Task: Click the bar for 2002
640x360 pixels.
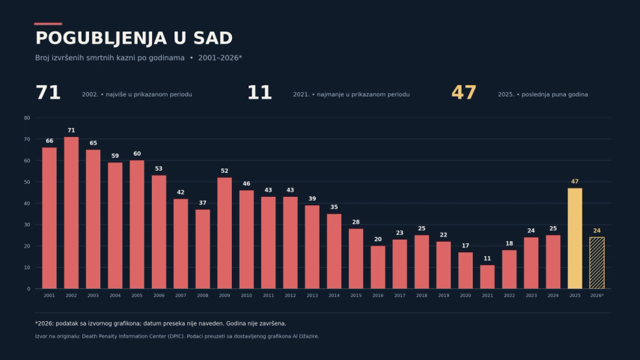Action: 71,213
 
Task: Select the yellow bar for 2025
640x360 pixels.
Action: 575,238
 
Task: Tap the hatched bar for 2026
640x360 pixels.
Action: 597,263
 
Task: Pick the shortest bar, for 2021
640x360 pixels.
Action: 487,277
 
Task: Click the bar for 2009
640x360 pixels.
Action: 225,233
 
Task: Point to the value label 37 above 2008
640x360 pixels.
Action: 202,203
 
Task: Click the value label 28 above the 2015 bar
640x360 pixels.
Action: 356,222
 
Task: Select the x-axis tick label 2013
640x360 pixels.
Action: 312,296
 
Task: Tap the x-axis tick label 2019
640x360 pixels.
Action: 444,296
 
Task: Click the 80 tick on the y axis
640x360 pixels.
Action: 27,118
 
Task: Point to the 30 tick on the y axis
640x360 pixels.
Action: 27,225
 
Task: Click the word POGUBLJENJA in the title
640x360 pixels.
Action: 101,38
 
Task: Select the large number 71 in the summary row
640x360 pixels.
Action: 48,93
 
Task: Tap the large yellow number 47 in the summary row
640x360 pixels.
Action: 463,93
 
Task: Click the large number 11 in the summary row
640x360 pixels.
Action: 260,93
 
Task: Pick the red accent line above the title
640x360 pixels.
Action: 48,24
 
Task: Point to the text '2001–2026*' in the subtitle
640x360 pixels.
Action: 220,58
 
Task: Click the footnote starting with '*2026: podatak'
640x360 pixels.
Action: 161,323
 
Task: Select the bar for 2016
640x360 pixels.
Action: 378,267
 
